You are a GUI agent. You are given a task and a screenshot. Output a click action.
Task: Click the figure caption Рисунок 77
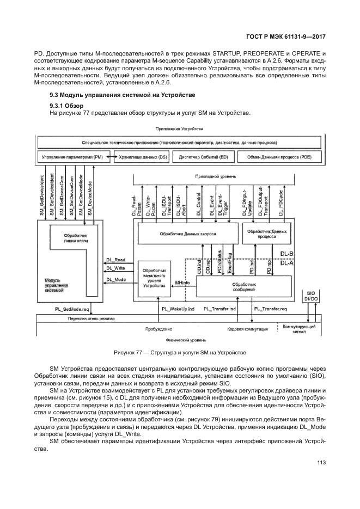tap(180, 352)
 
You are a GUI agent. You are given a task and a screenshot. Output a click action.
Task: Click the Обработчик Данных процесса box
tap(266, 234)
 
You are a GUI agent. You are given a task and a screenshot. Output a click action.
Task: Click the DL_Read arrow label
tap(115, 260)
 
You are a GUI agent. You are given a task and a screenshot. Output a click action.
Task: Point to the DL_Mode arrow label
tap(115, 280)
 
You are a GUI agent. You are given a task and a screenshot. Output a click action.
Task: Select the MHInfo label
tap(182, 283)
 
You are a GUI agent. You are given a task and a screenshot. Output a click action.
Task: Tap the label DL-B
tap(286, 254)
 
